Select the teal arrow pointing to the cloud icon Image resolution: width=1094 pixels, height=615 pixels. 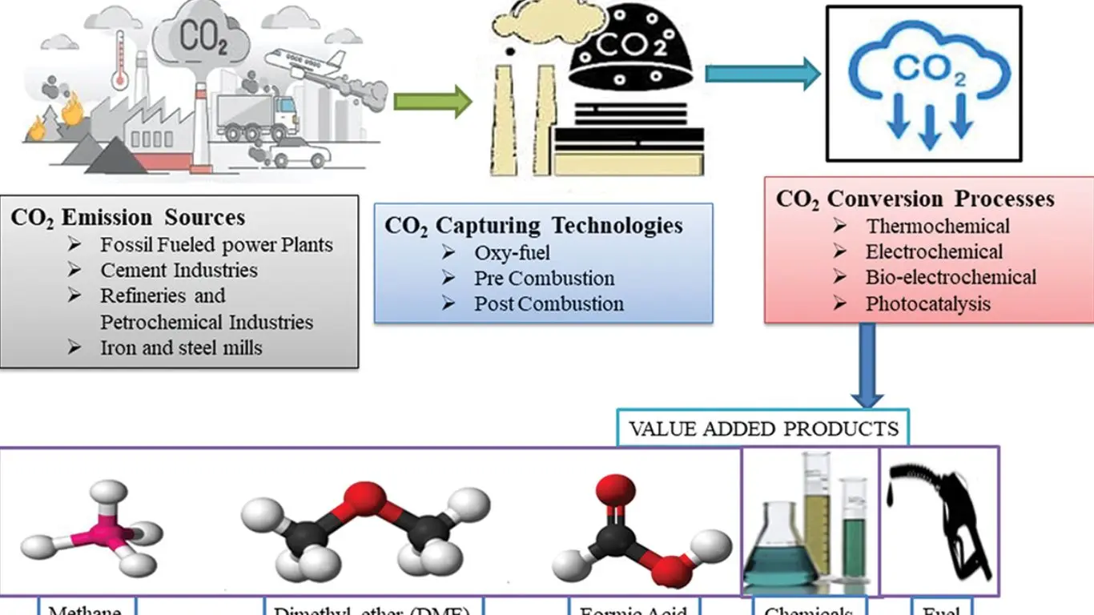click(x=762, y=74)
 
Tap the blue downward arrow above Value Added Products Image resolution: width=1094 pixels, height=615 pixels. click(x=867, y=364)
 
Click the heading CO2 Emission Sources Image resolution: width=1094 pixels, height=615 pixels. click(x=128, y=218)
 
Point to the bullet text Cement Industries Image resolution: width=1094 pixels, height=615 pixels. click(x=179, y=271)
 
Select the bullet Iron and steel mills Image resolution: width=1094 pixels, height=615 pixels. click(x=181, y=348)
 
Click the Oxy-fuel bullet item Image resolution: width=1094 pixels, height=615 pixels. click(x=512, y=254)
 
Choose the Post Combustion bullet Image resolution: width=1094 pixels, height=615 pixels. click(x=549, y=304)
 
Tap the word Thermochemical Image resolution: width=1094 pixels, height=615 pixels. click(x=937, y=227)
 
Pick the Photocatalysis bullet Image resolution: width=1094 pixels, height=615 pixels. click(x=927, y=304)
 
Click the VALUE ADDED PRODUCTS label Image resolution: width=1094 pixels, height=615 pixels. click(x=763, y=428)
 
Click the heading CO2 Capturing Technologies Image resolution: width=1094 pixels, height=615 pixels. click(x=533, y=225)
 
